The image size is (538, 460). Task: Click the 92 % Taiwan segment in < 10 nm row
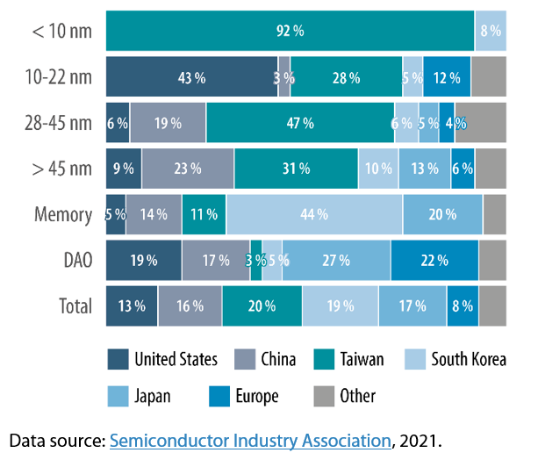point(290,31)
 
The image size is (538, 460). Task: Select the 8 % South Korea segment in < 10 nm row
point(490,31)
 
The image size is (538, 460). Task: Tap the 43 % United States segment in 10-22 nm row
point(190,77)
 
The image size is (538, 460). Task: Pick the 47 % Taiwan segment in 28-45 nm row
point(299,123)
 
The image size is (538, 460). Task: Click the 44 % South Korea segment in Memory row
point(313,214)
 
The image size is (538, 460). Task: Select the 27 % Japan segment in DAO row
point(336,260)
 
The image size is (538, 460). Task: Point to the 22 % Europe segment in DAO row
point(434,260)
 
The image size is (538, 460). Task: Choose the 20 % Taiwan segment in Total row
point(262,305)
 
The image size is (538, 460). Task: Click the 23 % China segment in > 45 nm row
point(187,169)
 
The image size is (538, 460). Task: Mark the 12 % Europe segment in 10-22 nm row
point(446,77)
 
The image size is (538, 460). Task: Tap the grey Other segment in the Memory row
point(494,214)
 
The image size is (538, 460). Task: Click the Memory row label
point(62,214)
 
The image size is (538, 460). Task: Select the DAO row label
point(74,260)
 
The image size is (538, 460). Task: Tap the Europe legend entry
point(254,396)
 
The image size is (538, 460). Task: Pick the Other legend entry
point(356,396)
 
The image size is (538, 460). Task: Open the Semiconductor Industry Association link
point(249,439)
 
